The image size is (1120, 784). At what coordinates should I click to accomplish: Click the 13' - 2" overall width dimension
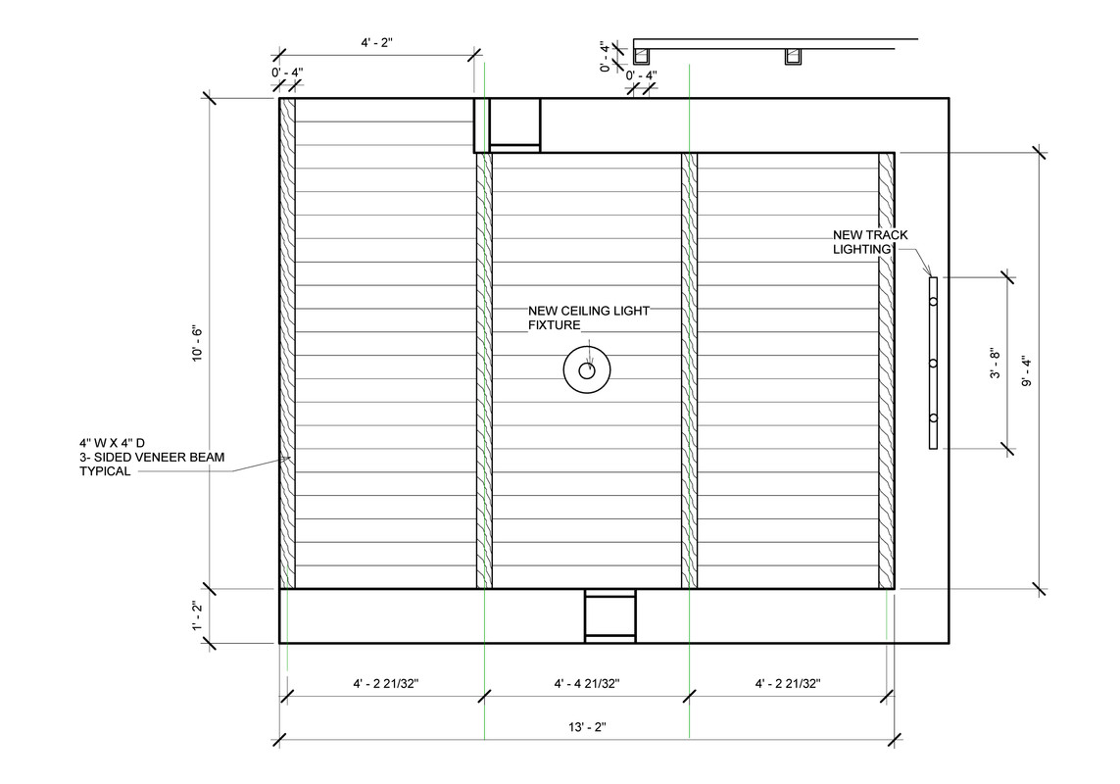point(587,727)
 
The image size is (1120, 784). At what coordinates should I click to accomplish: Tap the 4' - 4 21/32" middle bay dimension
point(586,684)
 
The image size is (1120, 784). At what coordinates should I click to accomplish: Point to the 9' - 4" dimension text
point(1027,371)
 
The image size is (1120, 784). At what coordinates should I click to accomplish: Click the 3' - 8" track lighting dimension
point(996,363)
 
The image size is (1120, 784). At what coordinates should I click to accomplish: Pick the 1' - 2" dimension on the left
point(197,616)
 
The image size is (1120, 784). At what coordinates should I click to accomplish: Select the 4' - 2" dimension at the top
point(376,43)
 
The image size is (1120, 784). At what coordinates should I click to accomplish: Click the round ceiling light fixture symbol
point(586,370)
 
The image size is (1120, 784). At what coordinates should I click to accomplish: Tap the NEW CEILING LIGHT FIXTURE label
point(589,318)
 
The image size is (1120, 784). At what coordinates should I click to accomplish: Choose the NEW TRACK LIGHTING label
point(870,242)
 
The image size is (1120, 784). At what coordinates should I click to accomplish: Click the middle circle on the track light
point(933,364)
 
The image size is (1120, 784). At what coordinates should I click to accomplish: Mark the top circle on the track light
point(933,302)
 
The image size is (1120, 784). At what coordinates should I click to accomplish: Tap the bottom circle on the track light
point(933,418)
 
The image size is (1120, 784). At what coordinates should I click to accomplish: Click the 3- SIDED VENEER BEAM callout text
point(152,458)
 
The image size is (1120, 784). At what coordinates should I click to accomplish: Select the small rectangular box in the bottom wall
point(610,616)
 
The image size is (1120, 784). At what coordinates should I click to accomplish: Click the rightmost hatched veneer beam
point(887,370)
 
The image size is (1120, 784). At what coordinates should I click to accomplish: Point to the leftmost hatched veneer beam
point(287,344)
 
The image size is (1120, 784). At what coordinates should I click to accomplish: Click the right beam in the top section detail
point(792,57)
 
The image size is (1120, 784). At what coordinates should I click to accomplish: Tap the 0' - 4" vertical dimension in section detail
point(606,57)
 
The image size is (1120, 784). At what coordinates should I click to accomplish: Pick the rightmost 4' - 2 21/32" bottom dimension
point(788,684)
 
